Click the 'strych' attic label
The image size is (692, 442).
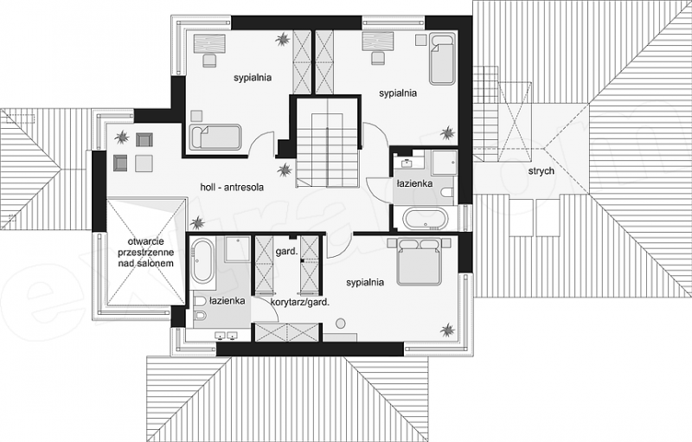pyautogui.click(x=541, y=170)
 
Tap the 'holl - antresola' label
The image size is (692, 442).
pyautogui.click(x=232, y=187)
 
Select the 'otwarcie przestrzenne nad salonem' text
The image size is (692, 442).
pyautogui.click(x=145, y=253)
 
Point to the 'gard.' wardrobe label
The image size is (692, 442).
pyautogui.click(x=286, y=252)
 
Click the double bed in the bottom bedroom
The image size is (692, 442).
pyautogui.click(x=419, y=262)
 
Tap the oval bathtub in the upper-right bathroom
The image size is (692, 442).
pyautogui.click(x=426, y=219)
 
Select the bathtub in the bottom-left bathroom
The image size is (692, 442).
pyautogui.click(x=203, y=261)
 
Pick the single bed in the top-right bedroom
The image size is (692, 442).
pyautogui.click(x=442, y=60)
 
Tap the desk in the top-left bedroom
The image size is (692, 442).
pyautogui.click(x=209, y=43)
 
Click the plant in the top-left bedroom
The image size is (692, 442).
pyautogui.click(x=283, y=40)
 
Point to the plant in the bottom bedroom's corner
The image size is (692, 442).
pyautogui.click(x=447, y=330)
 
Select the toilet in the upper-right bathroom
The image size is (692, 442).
pyautogui.click(x=447, y=193)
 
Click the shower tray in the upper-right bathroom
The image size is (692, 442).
pyautogui.click(x=444, y=163)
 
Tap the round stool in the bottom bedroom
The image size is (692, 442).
pyautogui.click(x=340, y=323)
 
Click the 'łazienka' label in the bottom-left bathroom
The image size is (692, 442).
pyautogui.click(x=227, y=301)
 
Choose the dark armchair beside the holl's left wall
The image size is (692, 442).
pyautogui.click(x=120, y=163)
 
